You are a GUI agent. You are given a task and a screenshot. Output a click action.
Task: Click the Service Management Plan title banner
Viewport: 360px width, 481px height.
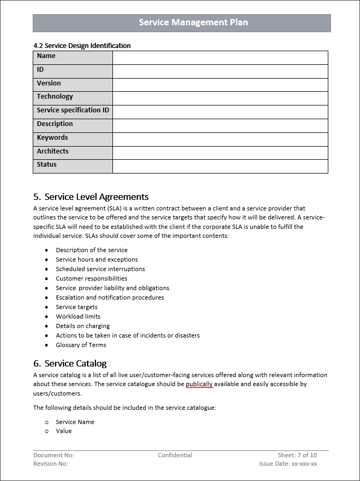[x=193, y=23]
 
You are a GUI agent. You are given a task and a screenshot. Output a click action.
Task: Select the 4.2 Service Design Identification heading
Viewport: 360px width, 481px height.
[x=82, y=46]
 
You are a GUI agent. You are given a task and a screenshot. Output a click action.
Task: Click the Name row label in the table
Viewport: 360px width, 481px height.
[x=46, y=56]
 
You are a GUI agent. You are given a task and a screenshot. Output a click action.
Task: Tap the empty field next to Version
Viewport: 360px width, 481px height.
[x=220, y=84]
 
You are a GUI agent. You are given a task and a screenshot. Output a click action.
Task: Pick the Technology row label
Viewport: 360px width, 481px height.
[x=55, y=97]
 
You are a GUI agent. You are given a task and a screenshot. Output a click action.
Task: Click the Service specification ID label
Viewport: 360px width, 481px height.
[x=73, y=110]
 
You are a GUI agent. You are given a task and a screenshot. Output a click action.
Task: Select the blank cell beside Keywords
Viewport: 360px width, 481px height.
[x=220, y=139]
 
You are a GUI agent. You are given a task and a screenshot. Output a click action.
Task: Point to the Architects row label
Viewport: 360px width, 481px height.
[x=53, y=151]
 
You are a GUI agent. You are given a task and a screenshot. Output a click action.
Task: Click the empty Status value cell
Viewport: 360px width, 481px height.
[x=220, y=166]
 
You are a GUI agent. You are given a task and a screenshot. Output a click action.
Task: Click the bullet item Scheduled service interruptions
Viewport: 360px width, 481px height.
[x=100, y=269]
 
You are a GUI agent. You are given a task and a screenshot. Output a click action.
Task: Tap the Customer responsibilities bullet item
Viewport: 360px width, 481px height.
[x=91, y=278]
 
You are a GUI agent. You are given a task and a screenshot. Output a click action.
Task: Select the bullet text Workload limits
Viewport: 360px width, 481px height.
[x=78, y=316]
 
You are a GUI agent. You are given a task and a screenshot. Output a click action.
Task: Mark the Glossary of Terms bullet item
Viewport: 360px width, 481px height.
[x=81, y=345]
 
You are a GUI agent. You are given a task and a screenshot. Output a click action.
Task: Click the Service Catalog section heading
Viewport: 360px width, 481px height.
[x=75, y=363]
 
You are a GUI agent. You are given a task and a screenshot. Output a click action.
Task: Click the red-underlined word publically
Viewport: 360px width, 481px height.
[x=199, y=384]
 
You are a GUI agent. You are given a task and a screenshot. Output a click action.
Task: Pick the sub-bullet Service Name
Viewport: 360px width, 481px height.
[x=75, y=422]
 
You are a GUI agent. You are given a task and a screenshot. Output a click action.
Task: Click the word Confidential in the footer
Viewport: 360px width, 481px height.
[x=175, y=455]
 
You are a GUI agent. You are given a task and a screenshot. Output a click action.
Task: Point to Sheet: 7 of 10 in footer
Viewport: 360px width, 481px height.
[x=297, y=455]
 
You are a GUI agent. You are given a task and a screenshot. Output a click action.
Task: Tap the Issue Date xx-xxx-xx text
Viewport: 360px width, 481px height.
[x=288, y=464]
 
